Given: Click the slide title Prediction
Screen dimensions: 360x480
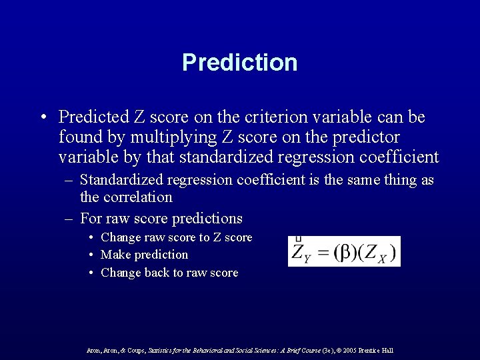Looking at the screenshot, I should (239, 63).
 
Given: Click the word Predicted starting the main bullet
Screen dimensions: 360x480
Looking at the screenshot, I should (89, 117).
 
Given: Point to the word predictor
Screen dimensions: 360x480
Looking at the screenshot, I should (369, 137).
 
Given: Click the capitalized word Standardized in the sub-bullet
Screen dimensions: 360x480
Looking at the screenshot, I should (122, 180).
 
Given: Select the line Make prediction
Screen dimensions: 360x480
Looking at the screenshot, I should (144, 255).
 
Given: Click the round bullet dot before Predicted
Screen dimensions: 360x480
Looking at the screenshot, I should (43, 118).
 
